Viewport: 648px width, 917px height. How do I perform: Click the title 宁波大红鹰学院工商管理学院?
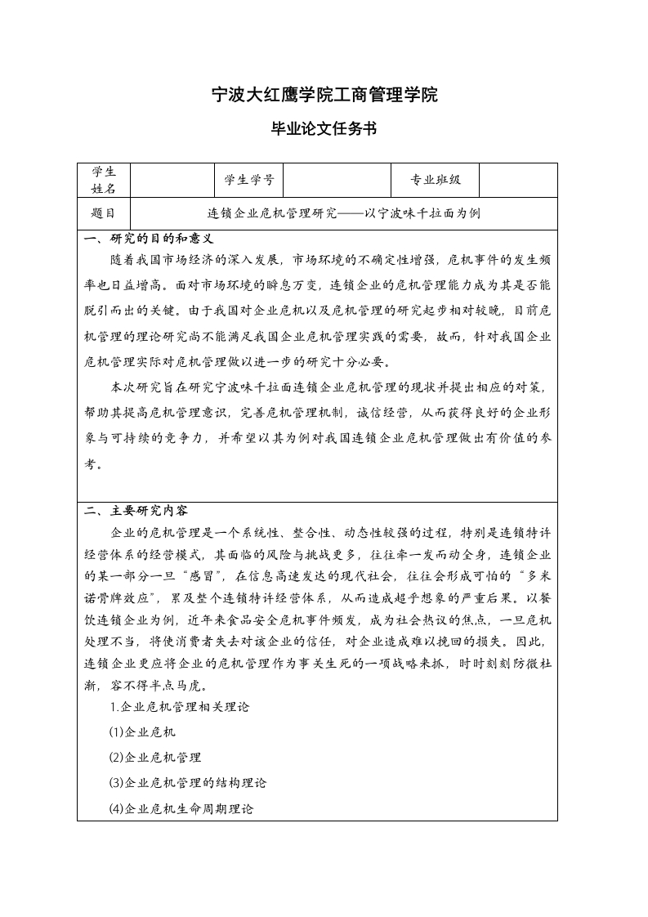tap(324, 96)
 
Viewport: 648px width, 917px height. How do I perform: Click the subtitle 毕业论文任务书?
tap(324, 129)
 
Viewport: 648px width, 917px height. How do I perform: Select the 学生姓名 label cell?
tap(104, 180)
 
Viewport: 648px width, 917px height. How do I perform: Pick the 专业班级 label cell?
tap(436, 180)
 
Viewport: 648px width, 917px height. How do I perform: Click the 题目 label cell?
tap(104, 213)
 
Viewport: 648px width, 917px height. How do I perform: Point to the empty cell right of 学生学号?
tap(337, 180)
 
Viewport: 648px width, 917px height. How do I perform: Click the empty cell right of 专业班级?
tap(518, 180)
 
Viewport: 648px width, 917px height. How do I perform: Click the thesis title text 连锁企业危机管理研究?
tap(272, 213)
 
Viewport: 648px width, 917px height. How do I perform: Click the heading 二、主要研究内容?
tap(136, 511)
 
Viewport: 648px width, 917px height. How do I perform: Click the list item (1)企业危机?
tap(142, 732)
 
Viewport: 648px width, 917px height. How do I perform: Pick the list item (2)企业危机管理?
tap(155, 758)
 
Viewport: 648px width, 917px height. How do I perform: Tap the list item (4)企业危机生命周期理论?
tap(181, 808)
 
